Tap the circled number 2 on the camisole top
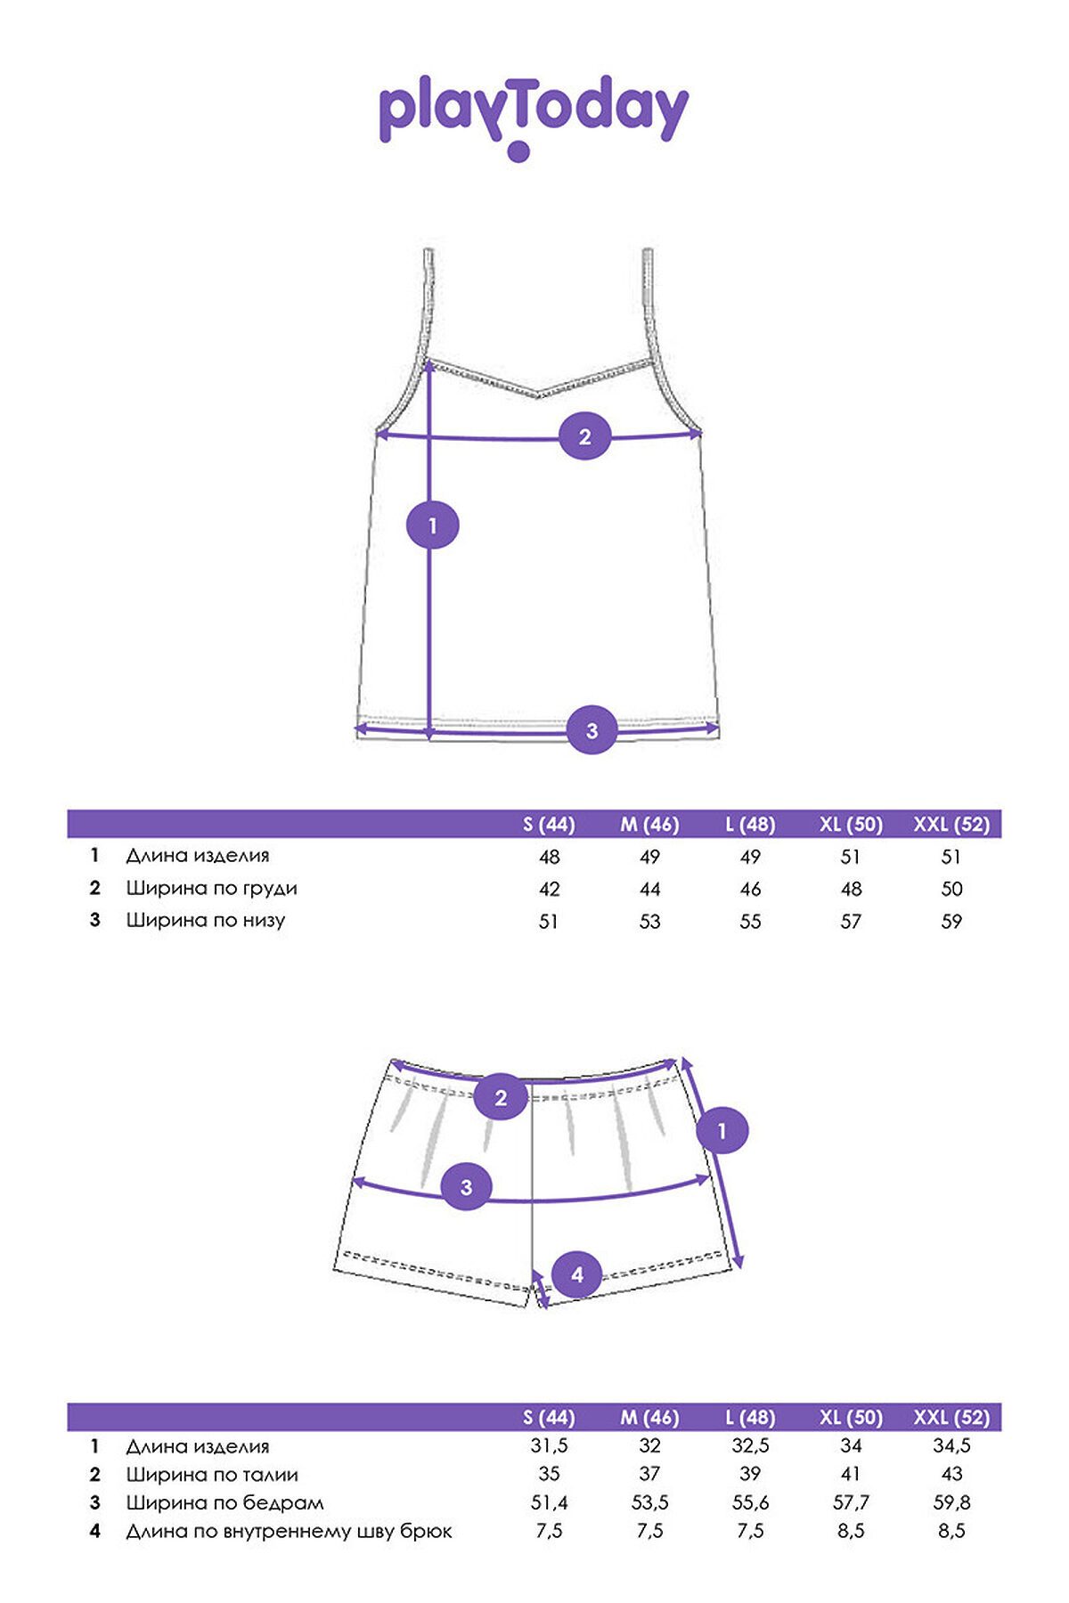(585, 436)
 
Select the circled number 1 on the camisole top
(433, 525)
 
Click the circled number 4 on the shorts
(577, 1274)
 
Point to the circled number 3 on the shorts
(467, 1186)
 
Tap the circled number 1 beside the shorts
(722, 1131)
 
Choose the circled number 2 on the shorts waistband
(501, 1097)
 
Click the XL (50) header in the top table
(851, 825)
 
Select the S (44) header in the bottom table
(549, 1418)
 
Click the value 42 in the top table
(550, 889)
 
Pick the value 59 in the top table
(951, 921)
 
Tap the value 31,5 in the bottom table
(550, 1446)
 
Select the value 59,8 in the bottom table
(951, 1503)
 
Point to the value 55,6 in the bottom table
(750, 1503)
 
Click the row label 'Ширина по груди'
(212, 888)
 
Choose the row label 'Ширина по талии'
(212, 1475)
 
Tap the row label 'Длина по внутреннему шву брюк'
(290, 1532)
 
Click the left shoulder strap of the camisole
(426, 307)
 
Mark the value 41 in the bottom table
(851, 1475)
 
